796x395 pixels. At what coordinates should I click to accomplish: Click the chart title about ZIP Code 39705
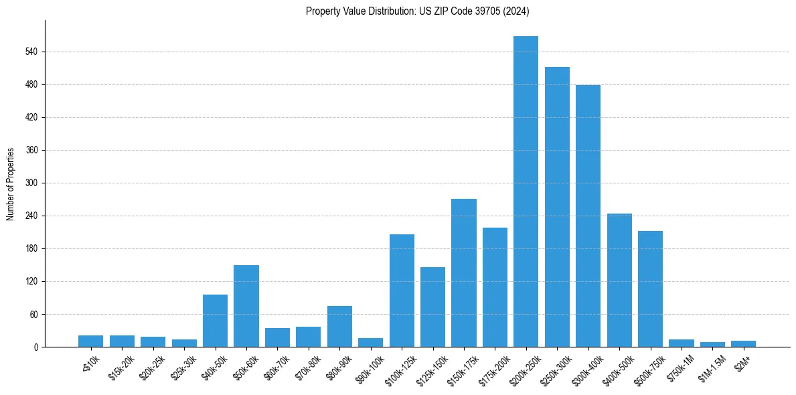coord(417,11)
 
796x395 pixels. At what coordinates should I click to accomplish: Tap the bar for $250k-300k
coord(557,207)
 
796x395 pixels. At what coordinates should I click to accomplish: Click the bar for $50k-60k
coord(246,306)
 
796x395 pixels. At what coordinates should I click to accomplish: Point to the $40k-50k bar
coord(215,321)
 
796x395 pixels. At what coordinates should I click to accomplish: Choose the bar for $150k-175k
coord(464,272)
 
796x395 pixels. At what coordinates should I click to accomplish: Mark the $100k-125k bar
coord(402,291)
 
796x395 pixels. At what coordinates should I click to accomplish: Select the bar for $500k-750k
coord(650,289)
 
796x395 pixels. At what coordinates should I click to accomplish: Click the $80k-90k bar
coord(339,326)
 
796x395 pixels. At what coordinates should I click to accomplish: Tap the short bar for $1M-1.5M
coord(712,344)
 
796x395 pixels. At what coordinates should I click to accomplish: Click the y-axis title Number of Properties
coord(11,184)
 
